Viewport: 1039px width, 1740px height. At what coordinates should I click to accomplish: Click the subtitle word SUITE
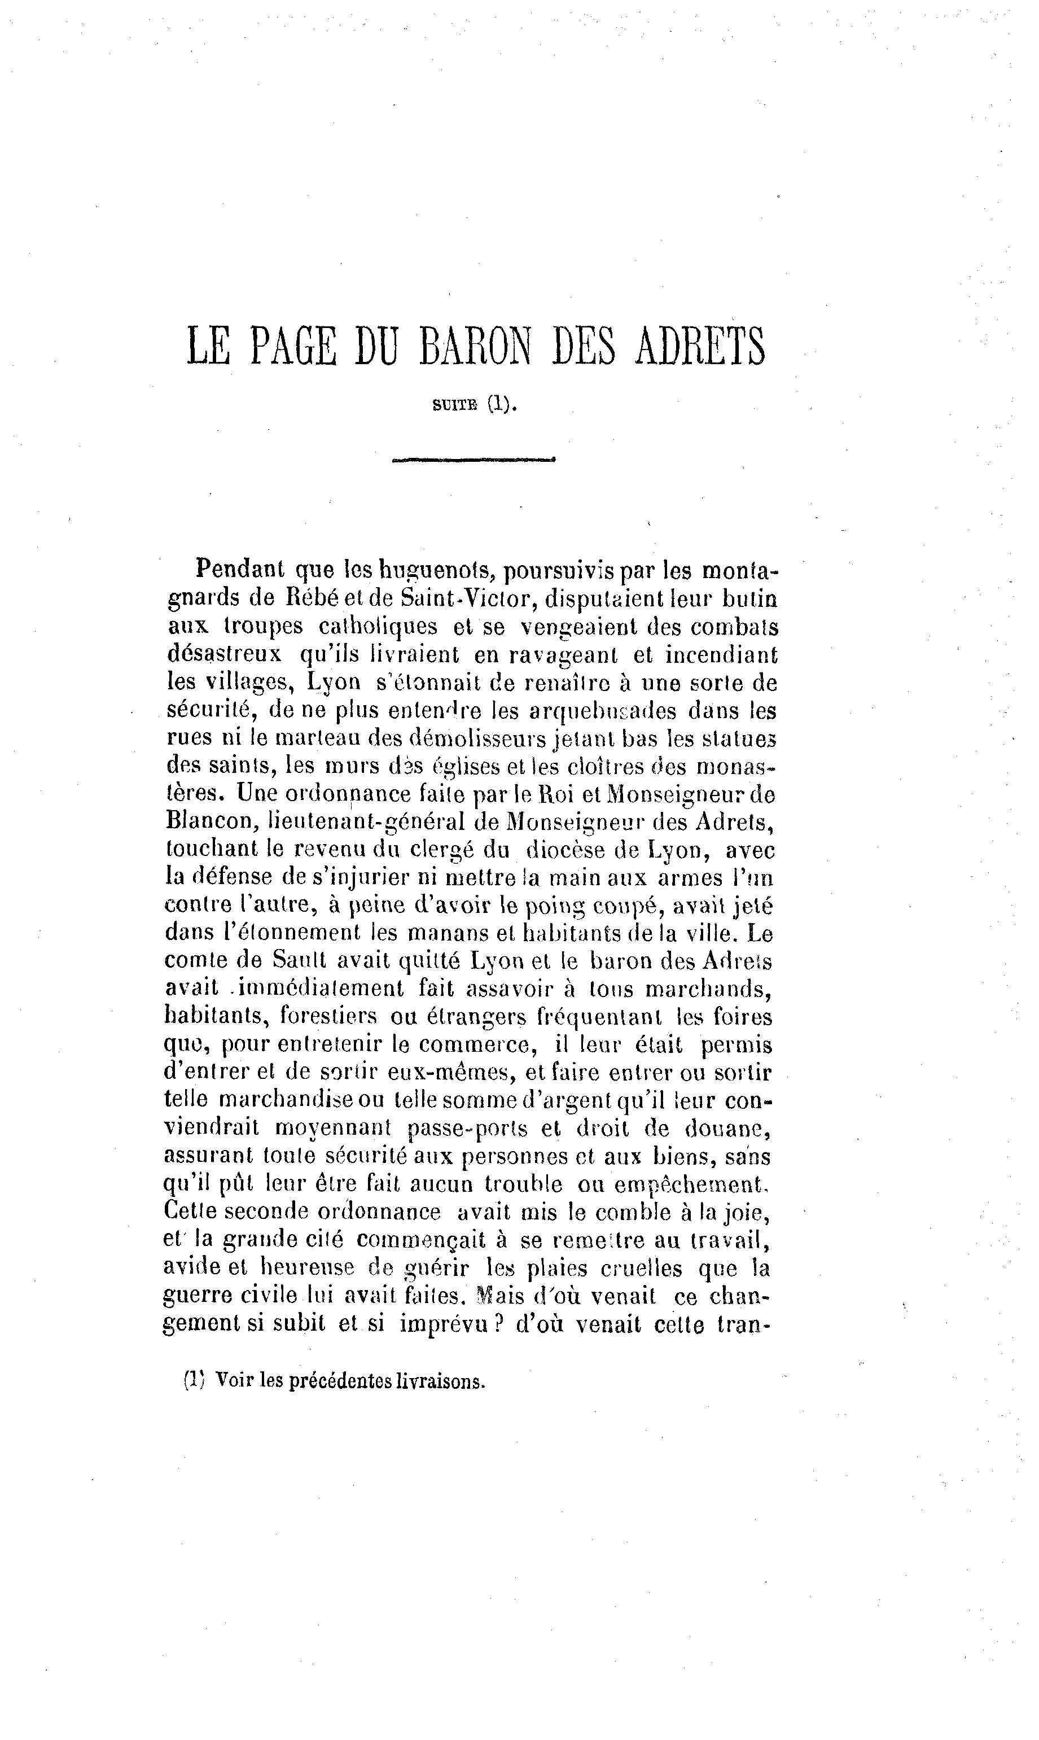455,405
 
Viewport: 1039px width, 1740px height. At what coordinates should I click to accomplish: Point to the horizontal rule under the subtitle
474,460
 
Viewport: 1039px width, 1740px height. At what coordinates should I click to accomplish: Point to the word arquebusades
602,711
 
